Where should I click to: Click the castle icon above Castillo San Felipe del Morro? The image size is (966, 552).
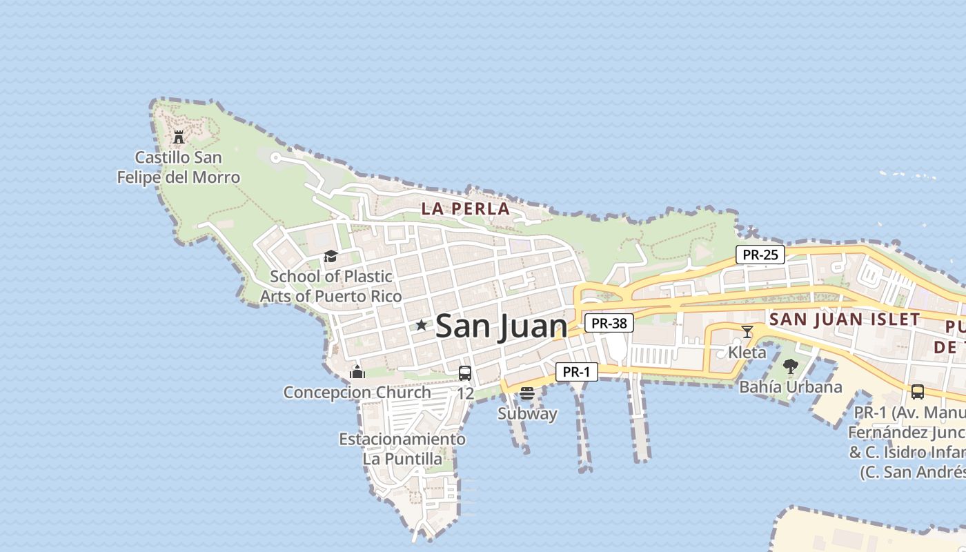[179, 137]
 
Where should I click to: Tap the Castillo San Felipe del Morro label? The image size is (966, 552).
[179, 168]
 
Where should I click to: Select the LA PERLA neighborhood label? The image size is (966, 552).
[466, 209]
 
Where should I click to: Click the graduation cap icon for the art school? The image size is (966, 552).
[331, 257]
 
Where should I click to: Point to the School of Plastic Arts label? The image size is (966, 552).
[331, 286]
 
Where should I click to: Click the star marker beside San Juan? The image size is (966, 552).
[421, 325]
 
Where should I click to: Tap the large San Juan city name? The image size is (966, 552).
[502, 326]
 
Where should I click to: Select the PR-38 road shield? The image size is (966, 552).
[609, 323]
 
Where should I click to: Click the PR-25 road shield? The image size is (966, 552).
[760, 255]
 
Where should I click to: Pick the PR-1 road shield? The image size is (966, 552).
[576, 372]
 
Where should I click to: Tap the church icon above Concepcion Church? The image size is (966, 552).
[357, 372]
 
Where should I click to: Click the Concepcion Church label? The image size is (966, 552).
[357, 393]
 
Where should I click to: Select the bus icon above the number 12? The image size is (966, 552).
[465, 373]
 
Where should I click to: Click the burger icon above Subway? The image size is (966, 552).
[527, 393]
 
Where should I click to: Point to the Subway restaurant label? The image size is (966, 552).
[527, 414]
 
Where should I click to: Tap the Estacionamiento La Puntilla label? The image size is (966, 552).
[402, 448]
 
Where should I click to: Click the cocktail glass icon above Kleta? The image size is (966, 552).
[747, 332]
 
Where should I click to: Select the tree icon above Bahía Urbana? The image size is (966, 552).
[791, 366]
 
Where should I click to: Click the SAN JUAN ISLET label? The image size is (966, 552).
[845, 319]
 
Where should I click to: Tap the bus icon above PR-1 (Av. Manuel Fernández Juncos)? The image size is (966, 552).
[917, 392]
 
